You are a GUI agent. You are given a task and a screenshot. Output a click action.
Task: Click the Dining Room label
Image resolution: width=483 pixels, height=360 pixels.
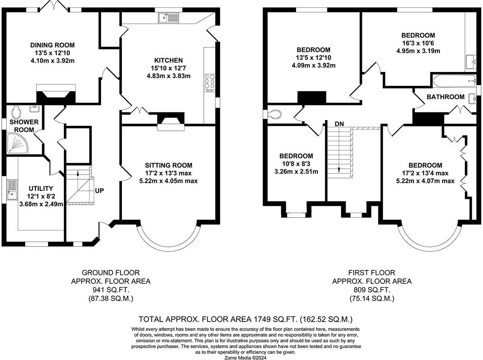[x=52, y=45]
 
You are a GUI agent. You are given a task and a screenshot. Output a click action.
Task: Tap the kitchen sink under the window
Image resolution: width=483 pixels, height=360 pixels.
[x=168, y=18]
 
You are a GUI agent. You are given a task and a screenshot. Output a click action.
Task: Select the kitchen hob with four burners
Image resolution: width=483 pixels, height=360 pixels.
[x=210, y=82]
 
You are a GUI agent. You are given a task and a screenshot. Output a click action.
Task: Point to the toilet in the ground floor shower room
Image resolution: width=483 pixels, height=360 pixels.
[x=16, y=112]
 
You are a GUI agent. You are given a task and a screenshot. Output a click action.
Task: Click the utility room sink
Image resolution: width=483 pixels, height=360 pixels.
[x=12, y=190]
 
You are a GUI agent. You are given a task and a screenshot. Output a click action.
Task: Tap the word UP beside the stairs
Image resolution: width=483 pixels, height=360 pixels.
[x=99, y=191]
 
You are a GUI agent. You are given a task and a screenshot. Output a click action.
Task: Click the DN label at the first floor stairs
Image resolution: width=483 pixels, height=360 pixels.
[x=339, y=124]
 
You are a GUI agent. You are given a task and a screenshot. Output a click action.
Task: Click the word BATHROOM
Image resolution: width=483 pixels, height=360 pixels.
[x=446, y=97]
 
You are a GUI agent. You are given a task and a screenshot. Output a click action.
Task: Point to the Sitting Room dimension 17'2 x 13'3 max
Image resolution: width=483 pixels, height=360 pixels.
[x=168, y=173]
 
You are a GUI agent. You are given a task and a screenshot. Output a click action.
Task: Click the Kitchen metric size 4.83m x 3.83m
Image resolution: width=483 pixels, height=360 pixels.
[x=168, y=76]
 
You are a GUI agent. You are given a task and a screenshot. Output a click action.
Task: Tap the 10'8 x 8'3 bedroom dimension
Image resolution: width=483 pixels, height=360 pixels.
[x=296, y=164]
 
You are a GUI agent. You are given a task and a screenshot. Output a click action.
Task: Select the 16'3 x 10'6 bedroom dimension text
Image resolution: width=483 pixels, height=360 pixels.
[x=418, y=43]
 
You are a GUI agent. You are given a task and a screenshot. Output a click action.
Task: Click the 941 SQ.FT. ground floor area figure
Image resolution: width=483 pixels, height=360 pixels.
[x=111, y=290]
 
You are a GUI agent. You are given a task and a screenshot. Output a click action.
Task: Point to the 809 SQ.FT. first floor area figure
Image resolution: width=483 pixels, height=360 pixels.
[x=372, y=290]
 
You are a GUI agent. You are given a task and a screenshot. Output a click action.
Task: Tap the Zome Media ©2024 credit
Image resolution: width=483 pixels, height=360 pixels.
[x=245, y=358]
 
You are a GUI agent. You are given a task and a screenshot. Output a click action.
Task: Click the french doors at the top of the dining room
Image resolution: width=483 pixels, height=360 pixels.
[x=54, y=5]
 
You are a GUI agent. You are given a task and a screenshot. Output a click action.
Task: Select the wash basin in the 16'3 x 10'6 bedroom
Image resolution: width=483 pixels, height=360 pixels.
[x=471, y=62]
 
